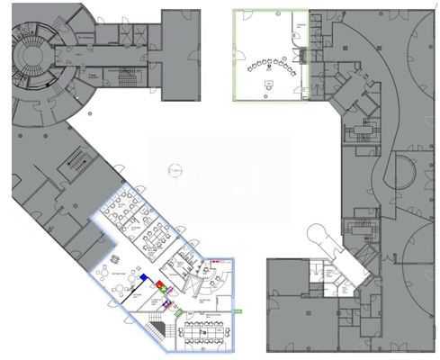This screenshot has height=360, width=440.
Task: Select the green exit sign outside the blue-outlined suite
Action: [238, 310]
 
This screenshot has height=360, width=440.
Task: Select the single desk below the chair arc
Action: [266, 84]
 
